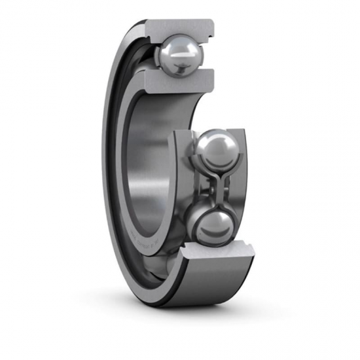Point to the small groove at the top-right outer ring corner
coord(208,27)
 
